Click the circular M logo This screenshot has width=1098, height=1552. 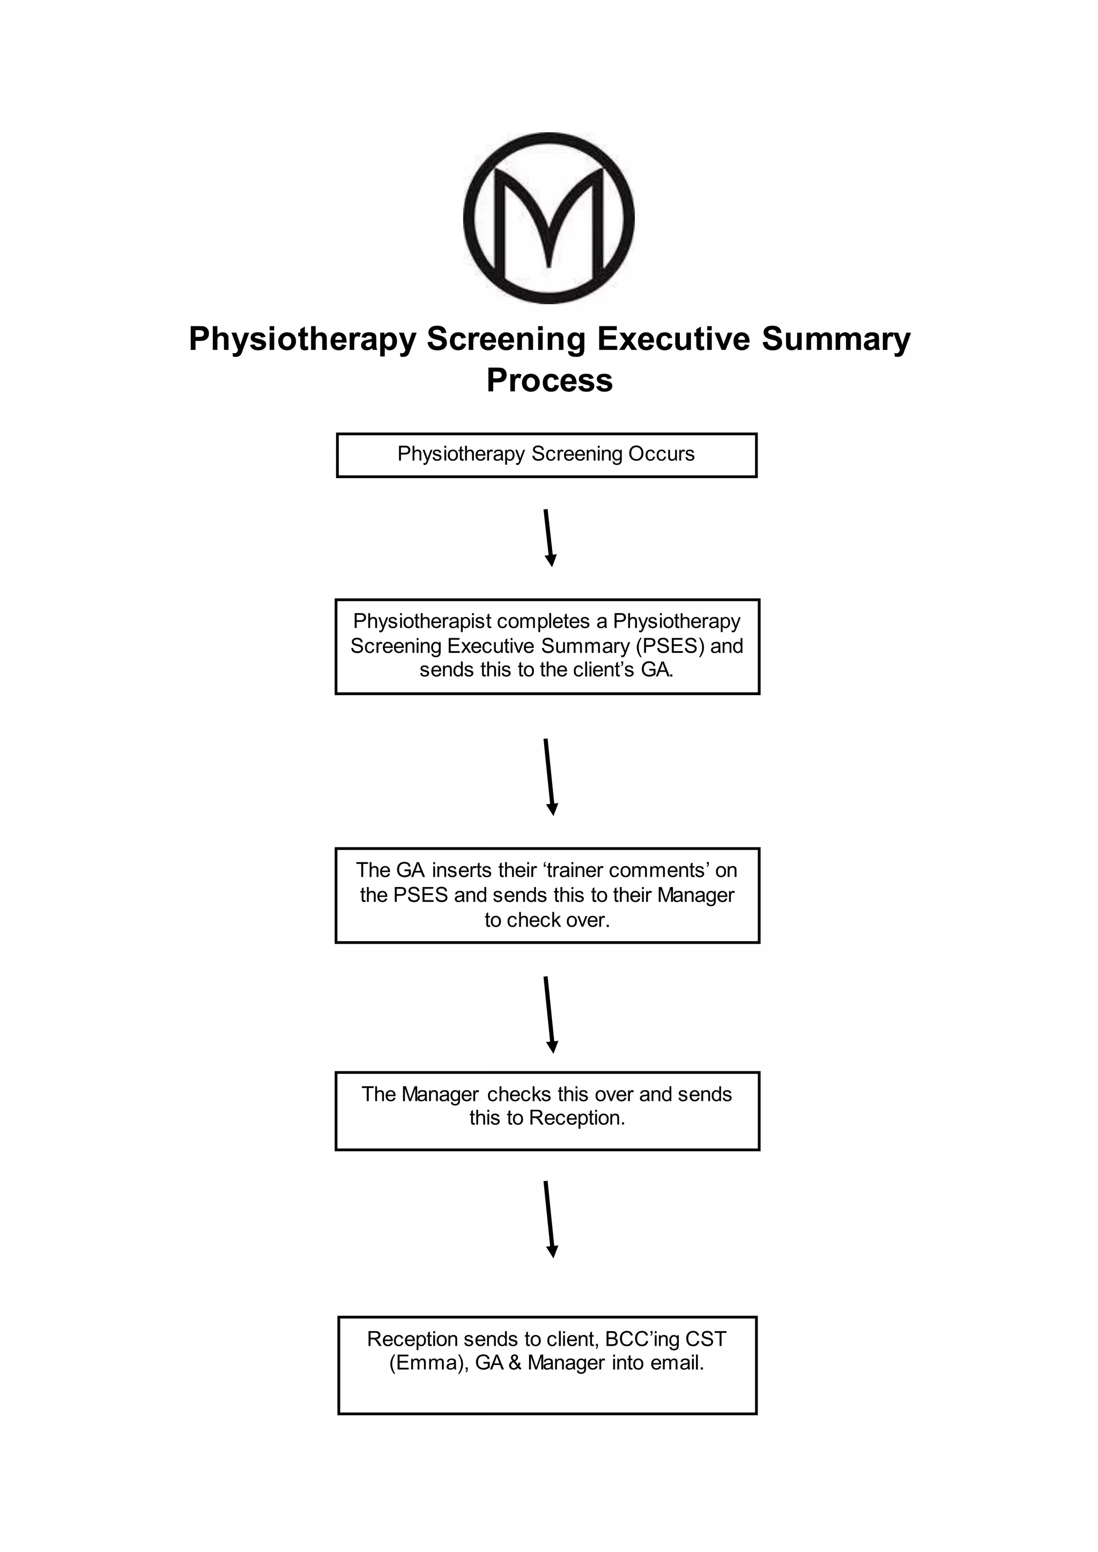click(x=548, y=218)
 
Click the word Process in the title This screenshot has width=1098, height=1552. click(x=549, y=380)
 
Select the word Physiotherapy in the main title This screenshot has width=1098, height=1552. click(x=302, y=339)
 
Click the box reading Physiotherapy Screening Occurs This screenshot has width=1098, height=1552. click(x=546, y=455)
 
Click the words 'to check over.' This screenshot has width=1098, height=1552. click(x=547, y=920)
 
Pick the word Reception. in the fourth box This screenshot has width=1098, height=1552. click(x=577, y=1117)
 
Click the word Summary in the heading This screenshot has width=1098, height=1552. click(x=836, y=339)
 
